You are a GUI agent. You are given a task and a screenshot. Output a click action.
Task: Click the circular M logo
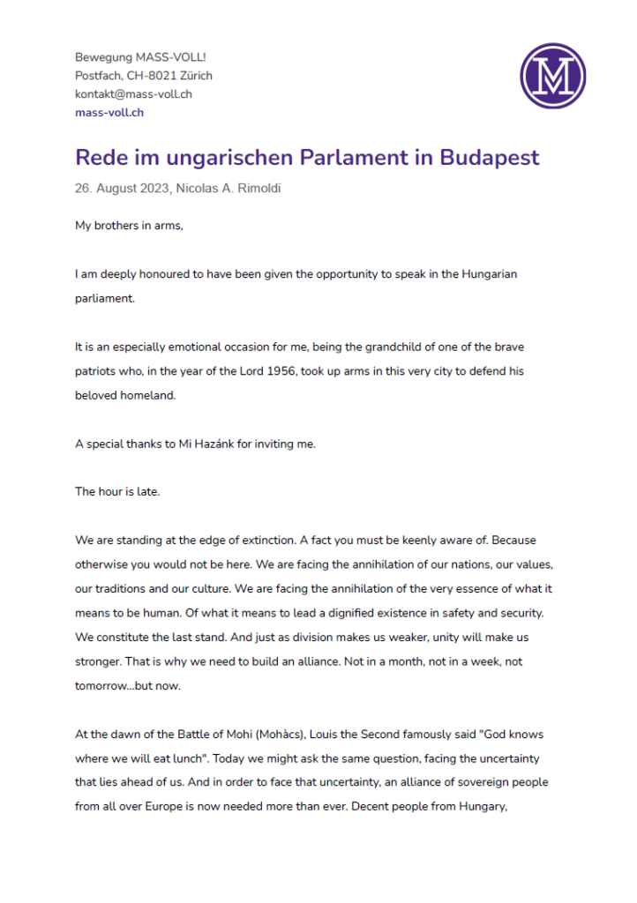tap(553, 76)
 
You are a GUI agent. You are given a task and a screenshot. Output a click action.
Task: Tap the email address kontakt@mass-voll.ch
tap(133, 93)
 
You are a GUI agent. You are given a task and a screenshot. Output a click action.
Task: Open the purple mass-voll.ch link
tap(109, 112)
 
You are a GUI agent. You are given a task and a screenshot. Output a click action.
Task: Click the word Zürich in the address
tap(195, 75)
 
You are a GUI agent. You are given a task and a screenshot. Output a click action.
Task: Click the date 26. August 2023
tap(123, 188)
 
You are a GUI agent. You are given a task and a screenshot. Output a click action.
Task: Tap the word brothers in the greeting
tap(122, 225)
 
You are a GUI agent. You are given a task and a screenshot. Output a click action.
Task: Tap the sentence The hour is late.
tap(117, 491)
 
